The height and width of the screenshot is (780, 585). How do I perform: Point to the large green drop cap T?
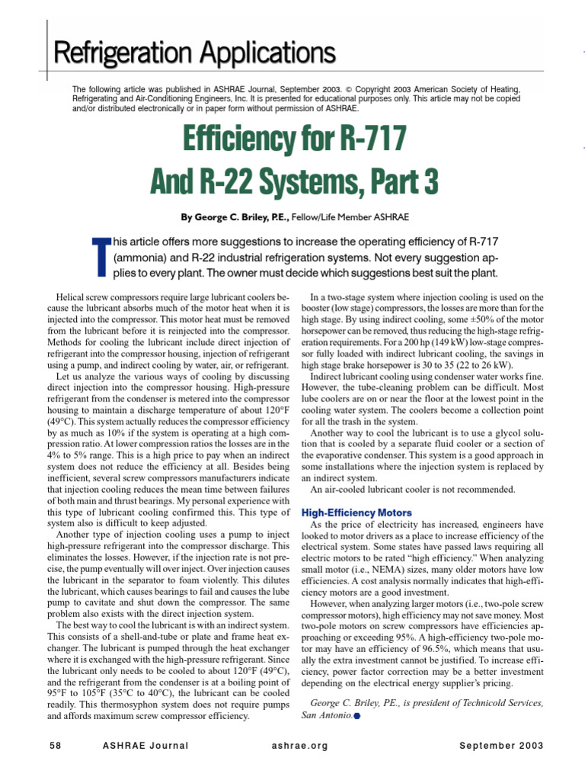click(100, 257)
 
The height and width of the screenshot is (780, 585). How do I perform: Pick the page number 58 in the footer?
click(54, 745)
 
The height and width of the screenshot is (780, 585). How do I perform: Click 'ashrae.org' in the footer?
click(299, 745)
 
